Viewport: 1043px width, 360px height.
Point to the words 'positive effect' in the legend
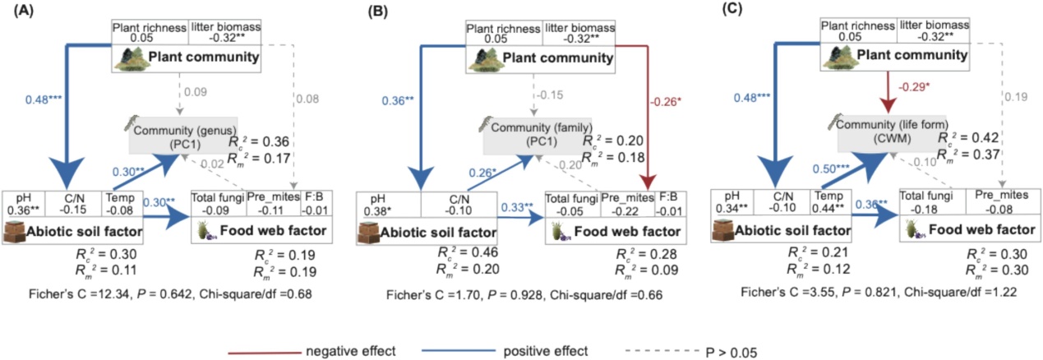click(x=548, y=351)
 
